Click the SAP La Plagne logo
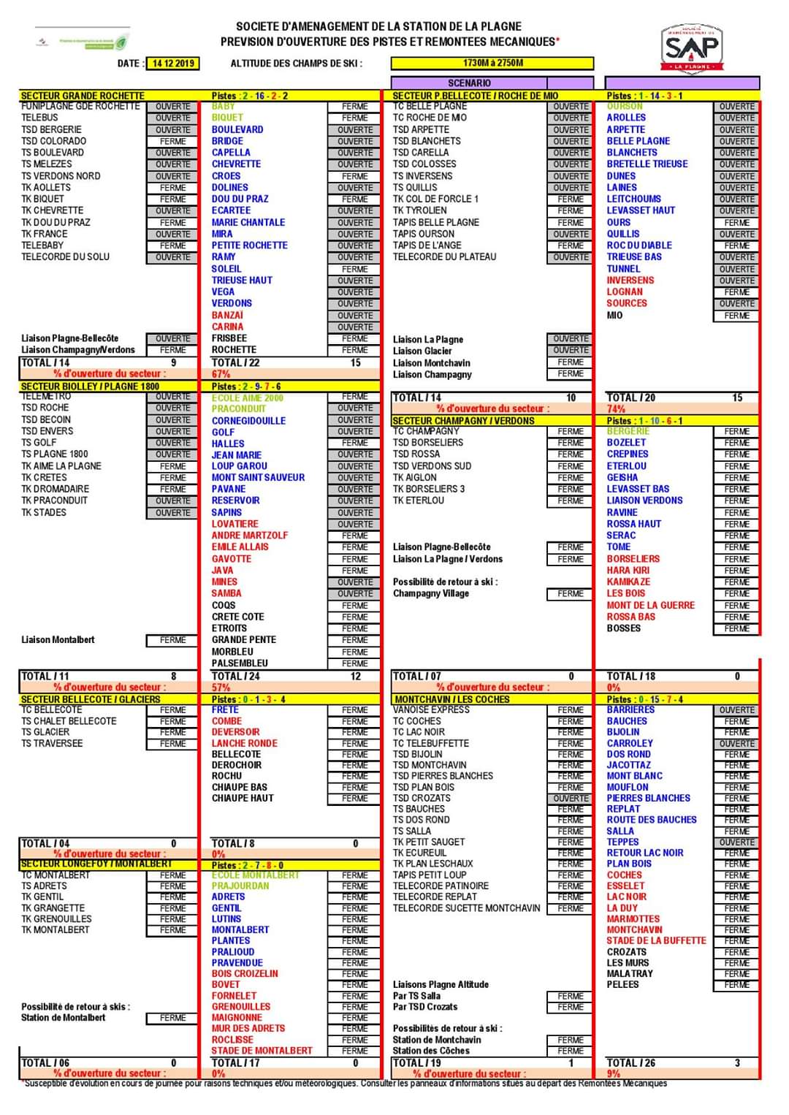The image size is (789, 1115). point(691,47)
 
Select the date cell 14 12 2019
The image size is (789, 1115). point(173,64)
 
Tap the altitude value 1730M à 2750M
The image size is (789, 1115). point(492,64)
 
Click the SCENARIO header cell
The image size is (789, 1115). point(469,83)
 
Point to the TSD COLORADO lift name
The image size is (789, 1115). point(53,141)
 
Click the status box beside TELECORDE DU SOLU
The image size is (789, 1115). point(172,257)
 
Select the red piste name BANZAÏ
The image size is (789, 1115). point(227,315)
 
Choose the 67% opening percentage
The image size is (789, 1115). point(221,374)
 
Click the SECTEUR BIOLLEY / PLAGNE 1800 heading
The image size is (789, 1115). point(90,386)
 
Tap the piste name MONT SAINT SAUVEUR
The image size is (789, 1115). point(258,477)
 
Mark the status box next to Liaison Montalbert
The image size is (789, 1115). point(172,640)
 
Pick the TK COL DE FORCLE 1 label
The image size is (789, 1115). point(435,199)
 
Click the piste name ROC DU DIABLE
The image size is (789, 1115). point(639,246)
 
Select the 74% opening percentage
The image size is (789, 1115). point(616,409)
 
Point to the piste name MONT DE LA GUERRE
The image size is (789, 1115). point(650,605)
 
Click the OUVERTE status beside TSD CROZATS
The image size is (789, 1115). point(571,799)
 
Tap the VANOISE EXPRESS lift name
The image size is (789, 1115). point(431,709)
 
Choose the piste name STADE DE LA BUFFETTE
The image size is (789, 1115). point(656,940)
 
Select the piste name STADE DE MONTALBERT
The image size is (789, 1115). point(262,1051)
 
